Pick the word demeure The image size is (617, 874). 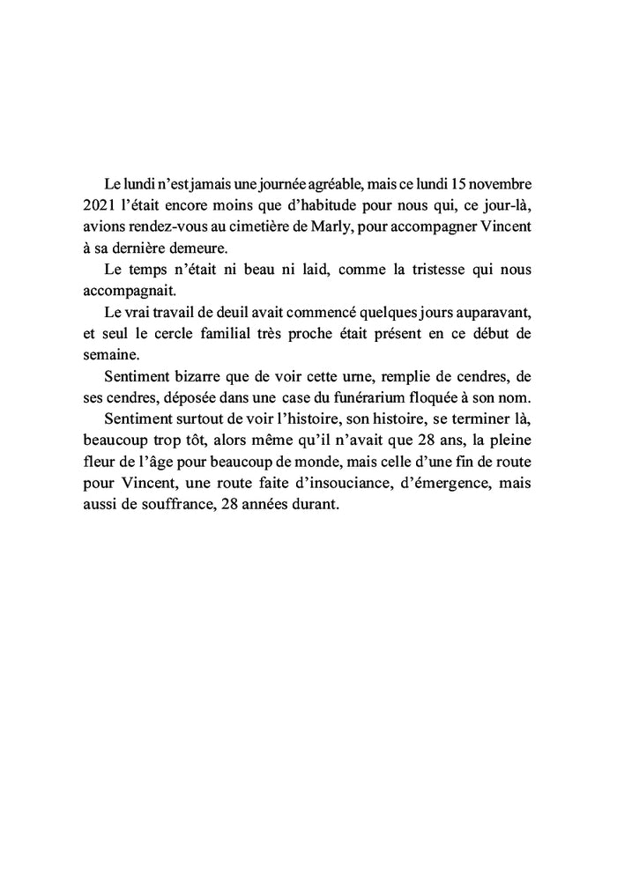click(205, 248)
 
